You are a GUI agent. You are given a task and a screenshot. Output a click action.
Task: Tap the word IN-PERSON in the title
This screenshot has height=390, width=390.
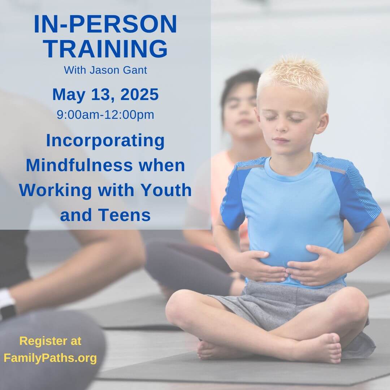click(x=105, y=24)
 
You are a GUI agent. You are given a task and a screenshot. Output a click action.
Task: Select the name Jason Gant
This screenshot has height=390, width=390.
click(x=118, y=70)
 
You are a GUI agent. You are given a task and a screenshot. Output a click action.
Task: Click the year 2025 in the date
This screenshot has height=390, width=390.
click(x=139, y=95)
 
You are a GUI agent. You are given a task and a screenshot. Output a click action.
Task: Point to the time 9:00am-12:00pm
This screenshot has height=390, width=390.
click(x=105, y=115)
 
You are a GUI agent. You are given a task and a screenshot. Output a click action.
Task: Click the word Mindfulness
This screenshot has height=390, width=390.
click(x=79, y=165)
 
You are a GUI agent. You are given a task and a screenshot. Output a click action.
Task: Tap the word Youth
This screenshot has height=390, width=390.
click(x=166, y=190)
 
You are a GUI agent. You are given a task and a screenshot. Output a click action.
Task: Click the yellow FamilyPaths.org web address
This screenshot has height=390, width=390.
click(x=50, y=358)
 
